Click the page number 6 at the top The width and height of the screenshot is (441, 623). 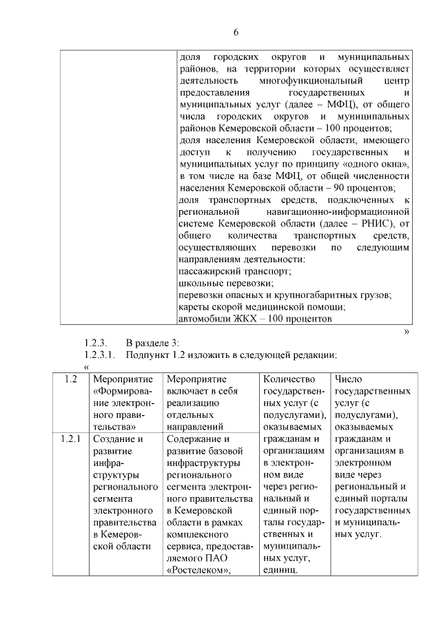(235, 32)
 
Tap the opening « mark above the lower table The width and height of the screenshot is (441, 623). (86, 366)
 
